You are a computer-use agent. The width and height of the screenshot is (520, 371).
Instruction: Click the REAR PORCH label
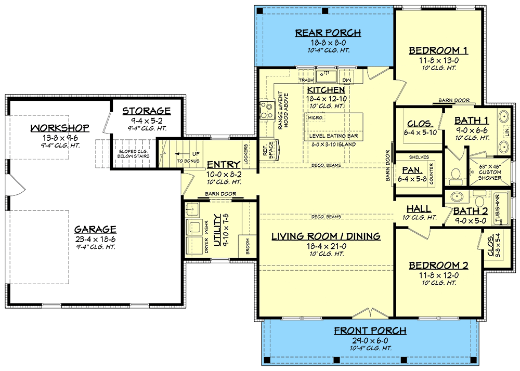328,33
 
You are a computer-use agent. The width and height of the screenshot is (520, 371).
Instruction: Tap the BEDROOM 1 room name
438,50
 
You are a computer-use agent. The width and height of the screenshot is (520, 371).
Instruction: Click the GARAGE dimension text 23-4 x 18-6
95,239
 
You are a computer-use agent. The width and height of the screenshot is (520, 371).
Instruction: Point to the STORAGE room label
146,111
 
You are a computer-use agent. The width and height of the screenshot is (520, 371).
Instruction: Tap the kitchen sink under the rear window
327,77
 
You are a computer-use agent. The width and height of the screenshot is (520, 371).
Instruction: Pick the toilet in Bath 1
456,176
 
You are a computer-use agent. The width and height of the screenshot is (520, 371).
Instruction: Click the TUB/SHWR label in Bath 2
498,209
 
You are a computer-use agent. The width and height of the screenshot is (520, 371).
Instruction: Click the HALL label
418,209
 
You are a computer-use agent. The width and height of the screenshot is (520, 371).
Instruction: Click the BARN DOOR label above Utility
219,193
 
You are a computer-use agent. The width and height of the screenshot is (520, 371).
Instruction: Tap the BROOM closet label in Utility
246,248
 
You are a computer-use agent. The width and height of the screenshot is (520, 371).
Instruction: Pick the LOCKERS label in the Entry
246,153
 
